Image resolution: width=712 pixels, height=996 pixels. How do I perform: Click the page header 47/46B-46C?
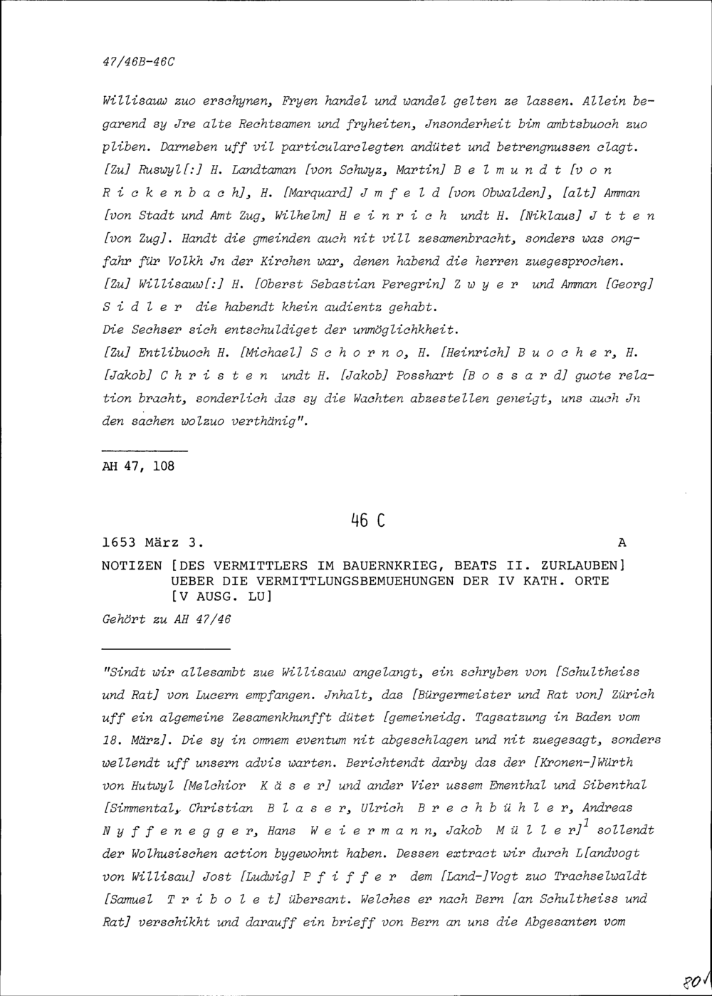[138, 61]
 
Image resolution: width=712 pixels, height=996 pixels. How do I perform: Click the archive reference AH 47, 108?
[138, 466]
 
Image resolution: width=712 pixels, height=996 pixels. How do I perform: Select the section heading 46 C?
[367, 520]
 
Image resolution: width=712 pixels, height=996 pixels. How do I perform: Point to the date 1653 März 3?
[153, 543]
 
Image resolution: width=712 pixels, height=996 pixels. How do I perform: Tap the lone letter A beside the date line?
[622, 543]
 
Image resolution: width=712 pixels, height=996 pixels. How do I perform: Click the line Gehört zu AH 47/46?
[167, 619]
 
